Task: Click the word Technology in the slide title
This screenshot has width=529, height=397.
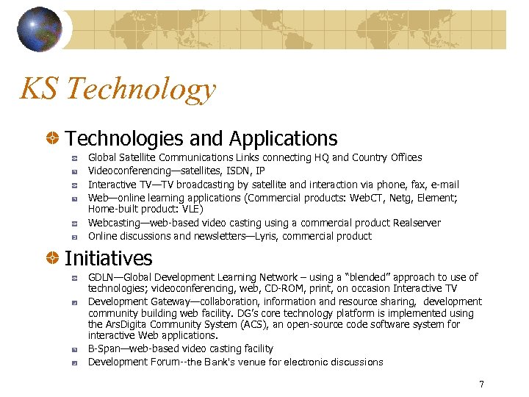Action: point(140,90)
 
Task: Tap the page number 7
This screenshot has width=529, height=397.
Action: point(481,384)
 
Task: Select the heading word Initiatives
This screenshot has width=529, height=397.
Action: point(109,259)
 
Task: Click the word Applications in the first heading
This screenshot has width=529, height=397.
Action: point(283,138)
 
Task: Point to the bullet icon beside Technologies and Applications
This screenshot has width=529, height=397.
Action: point(54,138)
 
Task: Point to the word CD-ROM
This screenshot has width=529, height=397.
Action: point(302,289)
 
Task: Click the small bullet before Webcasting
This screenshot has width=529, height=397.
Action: point(76,223)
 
